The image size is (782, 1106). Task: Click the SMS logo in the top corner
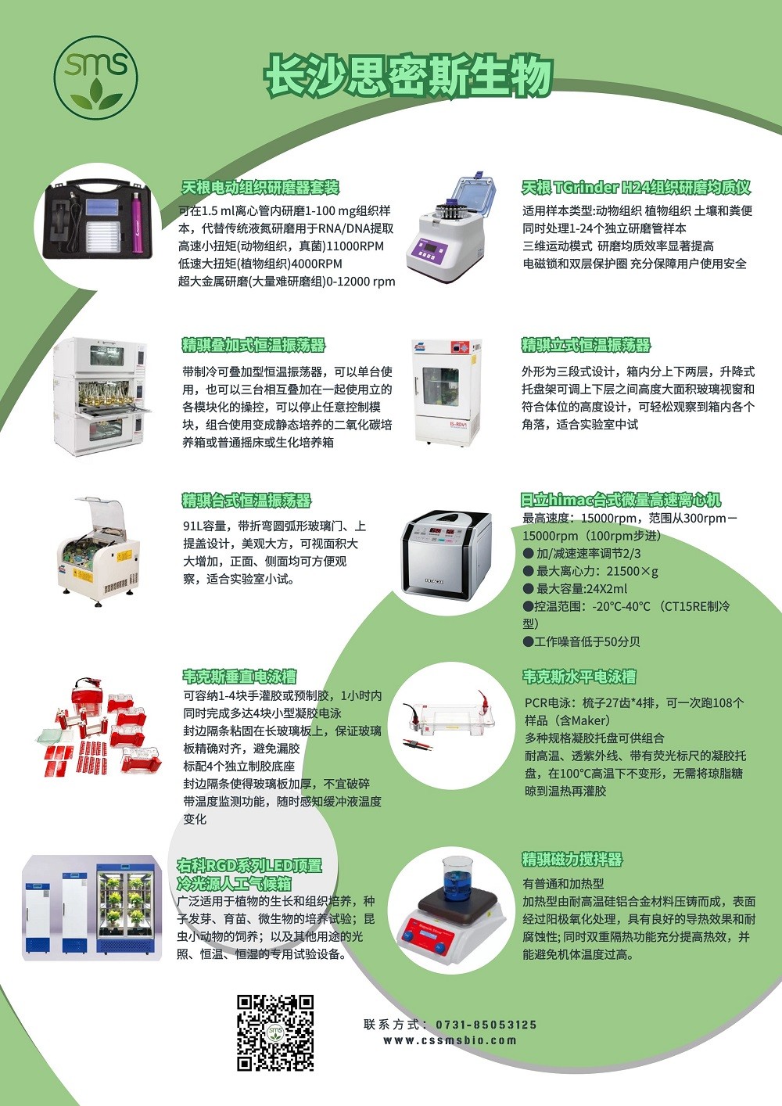click(x=95, y=77)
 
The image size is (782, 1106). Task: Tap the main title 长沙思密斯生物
click(x=408, y=76)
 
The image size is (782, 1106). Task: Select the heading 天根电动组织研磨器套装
click(x=260, y=187)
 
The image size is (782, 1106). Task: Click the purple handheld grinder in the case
click(x=137, y=223)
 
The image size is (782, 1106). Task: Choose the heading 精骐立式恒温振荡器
click(x=586, y=345)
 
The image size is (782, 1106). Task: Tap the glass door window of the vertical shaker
click(x=440, y=386)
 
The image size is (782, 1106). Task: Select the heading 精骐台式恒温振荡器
click(x=247, y=500)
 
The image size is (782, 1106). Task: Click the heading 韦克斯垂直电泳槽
click(x=239, y=676)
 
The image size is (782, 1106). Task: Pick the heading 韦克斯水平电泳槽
click(x=579, y=676)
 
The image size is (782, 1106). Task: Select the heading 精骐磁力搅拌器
click(x=572, y=859)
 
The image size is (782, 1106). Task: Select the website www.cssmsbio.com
click(x=450, y=1040)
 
